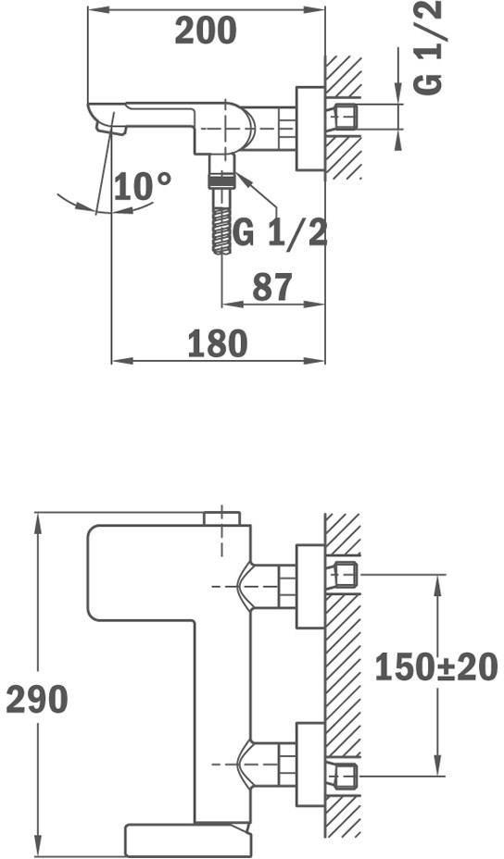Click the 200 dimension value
206,31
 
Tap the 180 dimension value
218,344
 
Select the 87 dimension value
272,287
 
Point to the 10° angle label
143,186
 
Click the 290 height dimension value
37,700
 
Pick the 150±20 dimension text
436,667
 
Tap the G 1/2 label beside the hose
280,233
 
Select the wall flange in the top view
310,128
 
